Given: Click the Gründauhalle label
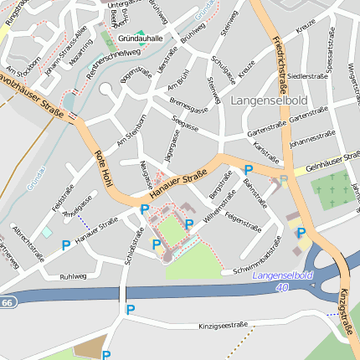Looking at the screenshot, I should pyautogui.click(x=139, y=39).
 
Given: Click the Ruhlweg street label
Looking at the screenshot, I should pyautogui.click(x=73, y=275).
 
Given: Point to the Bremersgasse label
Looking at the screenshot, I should pyautogui.click(x=188, y=105).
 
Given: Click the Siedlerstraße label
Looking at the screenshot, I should pyautogui.click(x=307, y=75).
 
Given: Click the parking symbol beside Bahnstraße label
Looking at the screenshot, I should pyautogui.click(x=248, y=169).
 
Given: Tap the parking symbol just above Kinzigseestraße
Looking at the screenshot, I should pyautogui.click(x=129, y=310).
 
